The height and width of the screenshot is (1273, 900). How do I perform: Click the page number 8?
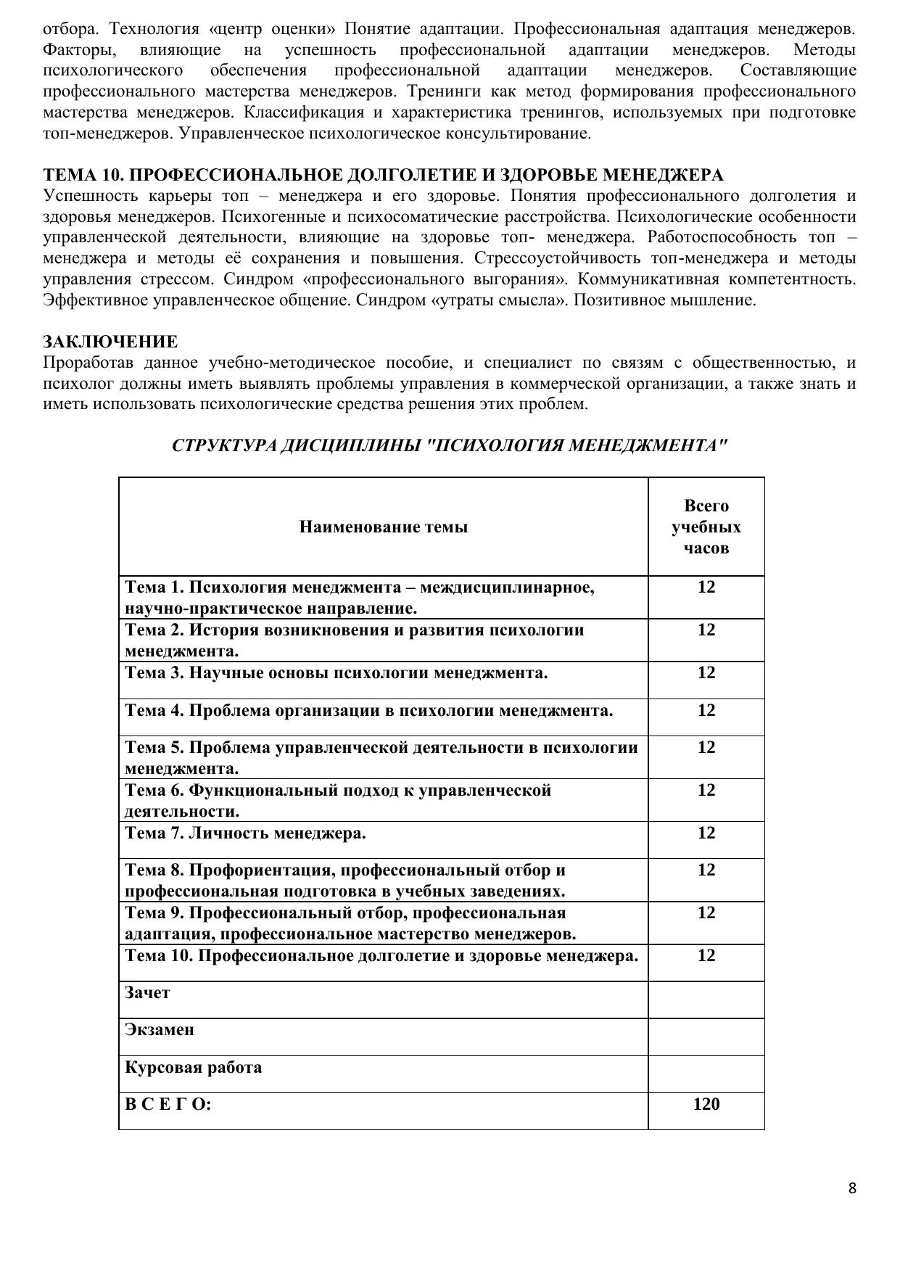[852, 1188]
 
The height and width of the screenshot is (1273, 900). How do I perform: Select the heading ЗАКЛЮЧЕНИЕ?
[110, 342]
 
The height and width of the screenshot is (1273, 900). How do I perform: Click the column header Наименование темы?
[383, 527]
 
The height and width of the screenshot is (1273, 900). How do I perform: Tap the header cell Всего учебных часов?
[706, 527]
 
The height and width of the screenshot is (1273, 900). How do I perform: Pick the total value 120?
[706, 1104]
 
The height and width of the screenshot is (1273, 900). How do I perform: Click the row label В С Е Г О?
[168, 1104]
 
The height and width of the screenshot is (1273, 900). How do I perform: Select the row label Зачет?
[147, 992]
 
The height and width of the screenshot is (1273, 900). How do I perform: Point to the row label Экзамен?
[160, 1029]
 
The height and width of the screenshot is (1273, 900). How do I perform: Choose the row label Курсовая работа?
[193, 1067]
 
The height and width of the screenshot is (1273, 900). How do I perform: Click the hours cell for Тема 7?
[706, 833]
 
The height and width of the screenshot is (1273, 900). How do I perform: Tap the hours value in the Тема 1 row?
[706, 587]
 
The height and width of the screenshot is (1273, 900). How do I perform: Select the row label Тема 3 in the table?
[336, 672]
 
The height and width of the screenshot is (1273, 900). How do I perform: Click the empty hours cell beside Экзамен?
[706, 1037]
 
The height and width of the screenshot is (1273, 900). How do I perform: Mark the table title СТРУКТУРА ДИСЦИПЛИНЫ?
[450, 445]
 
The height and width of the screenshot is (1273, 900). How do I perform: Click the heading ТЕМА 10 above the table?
[383, 176]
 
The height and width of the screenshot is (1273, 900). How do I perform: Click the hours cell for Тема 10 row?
[706, 955]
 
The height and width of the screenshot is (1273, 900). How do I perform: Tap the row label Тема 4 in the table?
[368, 710]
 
